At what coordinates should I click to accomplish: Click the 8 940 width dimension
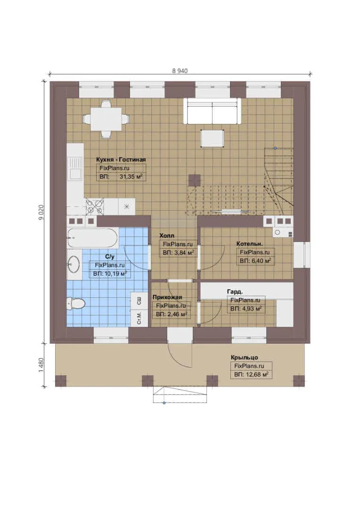(180, 71)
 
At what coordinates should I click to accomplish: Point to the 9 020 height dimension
(41, 213)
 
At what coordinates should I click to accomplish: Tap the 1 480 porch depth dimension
(41, 365)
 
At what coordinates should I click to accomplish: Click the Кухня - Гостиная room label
(121, 159)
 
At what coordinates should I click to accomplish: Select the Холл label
(166, 236)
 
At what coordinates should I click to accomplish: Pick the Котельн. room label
(250, 244)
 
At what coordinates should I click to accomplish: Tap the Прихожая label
(167, 297)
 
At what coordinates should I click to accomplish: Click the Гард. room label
(235, 292)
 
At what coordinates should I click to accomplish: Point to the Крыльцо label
(245, 357)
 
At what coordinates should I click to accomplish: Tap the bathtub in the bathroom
(92, 238)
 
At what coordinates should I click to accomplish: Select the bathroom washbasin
(74, 264)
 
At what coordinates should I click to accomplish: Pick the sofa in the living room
(213, 111)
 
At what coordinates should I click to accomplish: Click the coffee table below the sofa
(213, 139)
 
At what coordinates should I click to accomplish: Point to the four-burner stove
(95, 207)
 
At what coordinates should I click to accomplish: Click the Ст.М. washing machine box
(139, 318)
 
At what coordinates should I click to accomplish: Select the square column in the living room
(195, 180)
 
